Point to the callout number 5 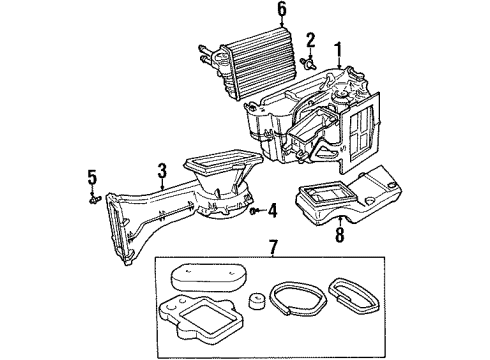[91, 178]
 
